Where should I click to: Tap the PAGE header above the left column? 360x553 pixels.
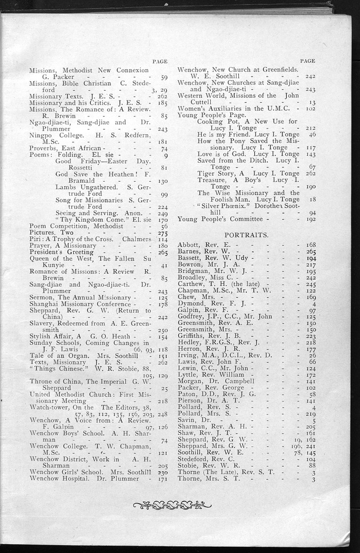coord(160,61)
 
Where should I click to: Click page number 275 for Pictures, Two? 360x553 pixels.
coord(162,233)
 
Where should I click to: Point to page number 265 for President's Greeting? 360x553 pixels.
coord(162,252)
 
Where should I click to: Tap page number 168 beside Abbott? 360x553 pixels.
coord(311,245)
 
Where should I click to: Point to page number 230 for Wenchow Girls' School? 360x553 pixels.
coord(162,473)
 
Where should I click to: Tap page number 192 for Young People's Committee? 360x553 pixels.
coord(310,218)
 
